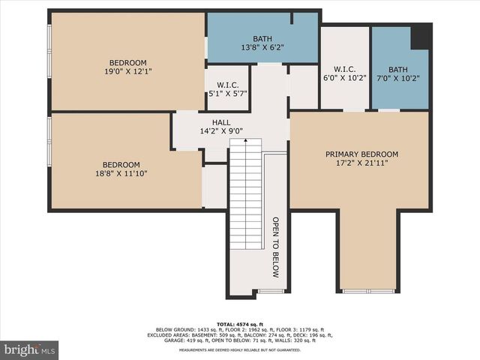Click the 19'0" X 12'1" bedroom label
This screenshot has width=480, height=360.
[x=128, y=67]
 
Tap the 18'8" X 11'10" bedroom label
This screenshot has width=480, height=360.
[x=121, y=169]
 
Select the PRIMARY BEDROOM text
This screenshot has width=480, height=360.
[x=361, y=154]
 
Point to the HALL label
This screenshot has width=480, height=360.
[x=221, y=122]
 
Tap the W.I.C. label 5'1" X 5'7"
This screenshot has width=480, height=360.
[x=227, y=88]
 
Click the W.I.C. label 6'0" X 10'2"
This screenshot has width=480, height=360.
[x=345, y=72]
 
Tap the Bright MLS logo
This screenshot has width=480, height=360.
[x=30, y=349]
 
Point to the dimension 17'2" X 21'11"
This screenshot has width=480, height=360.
[x=361, y=163]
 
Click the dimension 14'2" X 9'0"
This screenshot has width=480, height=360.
[x=221, y=131]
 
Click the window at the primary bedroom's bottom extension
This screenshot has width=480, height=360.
[x=367, y=290]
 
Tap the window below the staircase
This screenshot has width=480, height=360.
[x=271, y=290]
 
